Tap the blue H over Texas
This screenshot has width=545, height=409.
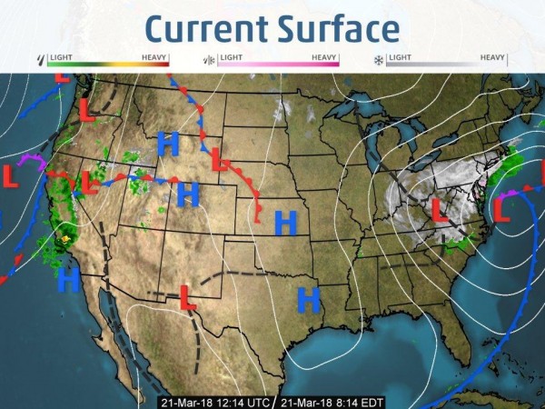pos(310,297)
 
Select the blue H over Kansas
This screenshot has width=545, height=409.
pos(286,221)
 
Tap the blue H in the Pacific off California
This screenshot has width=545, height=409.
pos(68,280)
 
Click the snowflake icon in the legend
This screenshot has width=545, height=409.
pos(379,60)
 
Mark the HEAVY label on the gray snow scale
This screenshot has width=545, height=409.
pos(493,57)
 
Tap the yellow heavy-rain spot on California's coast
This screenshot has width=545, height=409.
pos(64,239)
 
